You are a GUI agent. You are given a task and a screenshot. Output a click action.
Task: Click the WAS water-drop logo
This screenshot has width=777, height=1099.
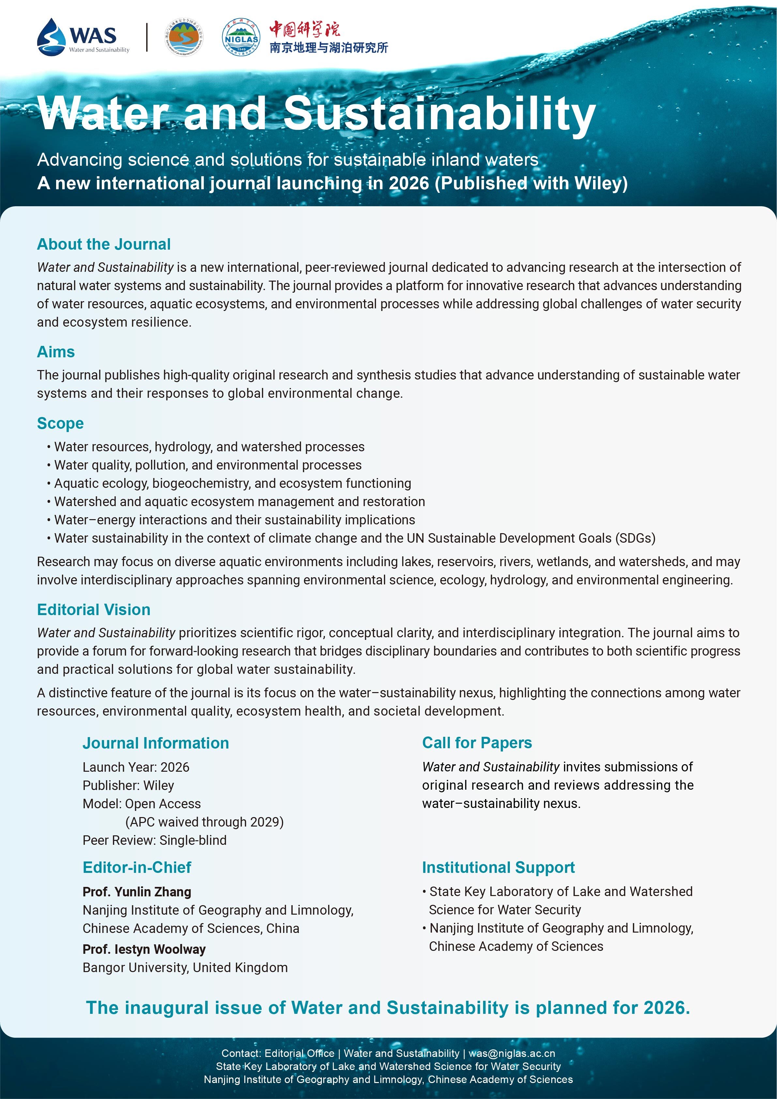click(x=51, y=37)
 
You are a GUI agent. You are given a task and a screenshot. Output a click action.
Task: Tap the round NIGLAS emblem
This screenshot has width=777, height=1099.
click(x=241, y=37)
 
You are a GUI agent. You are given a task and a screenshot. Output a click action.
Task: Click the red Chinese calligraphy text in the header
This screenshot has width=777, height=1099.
click(x=304, y=29)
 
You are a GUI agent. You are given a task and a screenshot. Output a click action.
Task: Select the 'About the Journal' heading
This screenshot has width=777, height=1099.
click(x=104, y=244)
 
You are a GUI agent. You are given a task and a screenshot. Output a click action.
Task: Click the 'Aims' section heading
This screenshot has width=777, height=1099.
click(x=56, y=352)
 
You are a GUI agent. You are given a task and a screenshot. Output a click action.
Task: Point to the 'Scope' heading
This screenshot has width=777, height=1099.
click(x=60, y=423)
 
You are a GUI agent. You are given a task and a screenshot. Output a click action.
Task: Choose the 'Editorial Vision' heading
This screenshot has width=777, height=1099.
click(x=94, y=609)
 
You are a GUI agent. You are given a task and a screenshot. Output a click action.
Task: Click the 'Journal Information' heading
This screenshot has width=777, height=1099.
click(x=156, y=743)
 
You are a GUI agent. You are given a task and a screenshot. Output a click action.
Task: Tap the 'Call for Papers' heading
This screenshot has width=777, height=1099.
click(x=477, y=742)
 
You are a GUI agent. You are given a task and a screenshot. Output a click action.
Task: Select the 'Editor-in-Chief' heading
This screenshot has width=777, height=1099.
click(x=137, y=867)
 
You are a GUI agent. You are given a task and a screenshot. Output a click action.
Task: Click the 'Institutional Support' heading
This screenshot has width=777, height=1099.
click(x=498, y=867)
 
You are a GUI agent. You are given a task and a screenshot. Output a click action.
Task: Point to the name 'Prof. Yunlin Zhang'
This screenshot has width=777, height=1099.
click(x=137, y=892)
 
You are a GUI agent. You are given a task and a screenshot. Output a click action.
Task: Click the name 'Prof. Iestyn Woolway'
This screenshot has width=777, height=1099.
click(x=144, y=949)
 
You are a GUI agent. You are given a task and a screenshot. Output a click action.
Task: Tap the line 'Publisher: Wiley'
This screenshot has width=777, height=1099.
click(x=128, y=785)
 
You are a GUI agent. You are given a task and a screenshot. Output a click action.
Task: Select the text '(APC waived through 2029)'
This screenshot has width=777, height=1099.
click(x=204, y=822)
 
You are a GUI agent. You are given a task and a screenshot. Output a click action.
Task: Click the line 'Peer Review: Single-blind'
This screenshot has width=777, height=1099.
click(x=155, y=840)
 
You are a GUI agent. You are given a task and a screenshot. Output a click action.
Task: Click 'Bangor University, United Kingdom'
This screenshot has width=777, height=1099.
click(x=185, y=967)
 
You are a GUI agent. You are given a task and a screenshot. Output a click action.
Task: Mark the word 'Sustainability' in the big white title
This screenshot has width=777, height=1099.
click(x=439, y=114)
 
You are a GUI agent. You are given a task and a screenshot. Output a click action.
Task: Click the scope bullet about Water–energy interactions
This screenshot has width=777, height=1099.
click(x=235, y=520)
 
